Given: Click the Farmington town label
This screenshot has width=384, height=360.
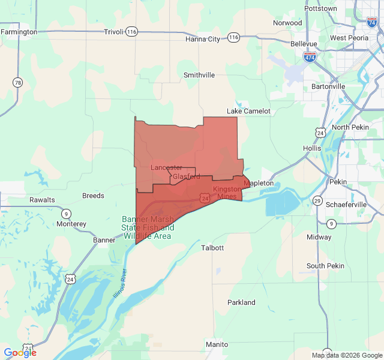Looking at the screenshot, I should coord(19,32).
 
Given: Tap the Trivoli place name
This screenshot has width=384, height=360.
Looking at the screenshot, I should coord(113,32).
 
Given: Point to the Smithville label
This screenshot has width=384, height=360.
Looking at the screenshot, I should coord(199,75).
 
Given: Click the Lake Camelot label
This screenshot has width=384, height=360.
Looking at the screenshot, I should coord(248,111).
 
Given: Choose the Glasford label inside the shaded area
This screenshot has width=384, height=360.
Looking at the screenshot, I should coord(187,177).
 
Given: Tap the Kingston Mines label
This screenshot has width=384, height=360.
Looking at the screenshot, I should coord(227,192).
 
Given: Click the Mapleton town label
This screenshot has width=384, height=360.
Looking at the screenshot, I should coord(259,183).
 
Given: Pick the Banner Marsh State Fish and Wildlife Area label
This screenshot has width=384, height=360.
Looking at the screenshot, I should coord(148,227).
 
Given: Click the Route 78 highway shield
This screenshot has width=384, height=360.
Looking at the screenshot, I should coord(18,82).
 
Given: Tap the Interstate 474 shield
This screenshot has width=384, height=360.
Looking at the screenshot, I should coord(310,57).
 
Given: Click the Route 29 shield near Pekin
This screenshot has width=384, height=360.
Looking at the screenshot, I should coord(317,200).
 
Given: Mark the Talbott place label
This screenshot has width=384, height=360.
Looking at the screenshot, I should coord(212,247).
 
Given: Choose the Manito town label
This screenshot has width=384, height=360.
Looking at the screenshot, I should coord(217,344).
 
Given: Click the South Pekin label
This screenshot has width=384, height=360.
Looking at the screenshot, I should coord(325,266).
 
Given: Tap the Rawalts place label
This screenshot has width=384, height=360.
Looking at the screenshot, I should coord(42,200).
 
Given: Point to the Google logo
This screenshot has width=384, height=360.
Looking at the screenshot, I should coord(20,353).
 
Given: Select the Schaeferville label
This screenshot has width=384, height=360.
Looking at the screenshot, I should coord(346,204).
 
